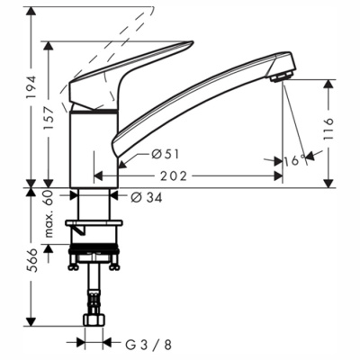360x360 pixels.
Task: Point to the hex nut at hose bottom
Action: click(94, 320)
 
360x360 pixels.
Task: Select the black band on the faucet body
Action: click(94, 112)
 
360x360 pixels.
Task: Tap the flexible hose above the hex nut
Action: click(94, 292)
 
